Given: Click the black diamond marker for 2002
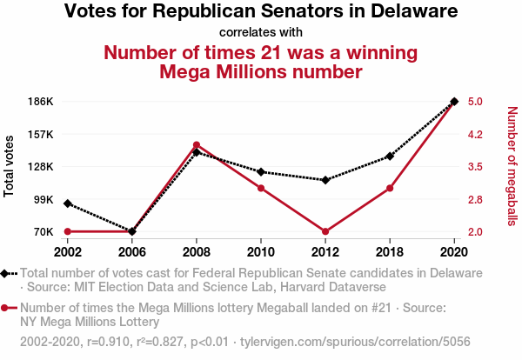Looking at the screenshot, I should point(68,203).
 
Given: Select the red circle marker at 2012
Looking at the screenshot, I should point(325,231).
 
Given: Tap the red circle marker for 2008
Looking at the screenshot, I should point(197,145).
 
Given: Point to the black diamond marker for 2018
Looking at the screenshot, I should point(390,157).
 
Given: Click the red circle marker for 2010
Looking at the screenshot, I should point(261,188).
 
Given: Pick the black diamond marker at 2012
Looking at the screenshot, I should point(325,180).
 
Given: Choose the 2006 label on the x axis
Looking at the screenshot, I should point(132,251).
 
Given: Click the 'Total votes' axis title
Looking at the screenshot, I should point(10,166).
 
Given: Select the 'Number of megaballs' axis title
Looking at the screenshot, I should point(512,166).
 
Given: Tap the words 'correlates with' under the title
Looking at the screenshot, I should point(261,32).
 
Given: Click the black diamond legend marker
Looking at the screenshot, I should point(7,273).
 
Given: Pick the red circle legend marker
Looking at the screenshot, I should point(7,308).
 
